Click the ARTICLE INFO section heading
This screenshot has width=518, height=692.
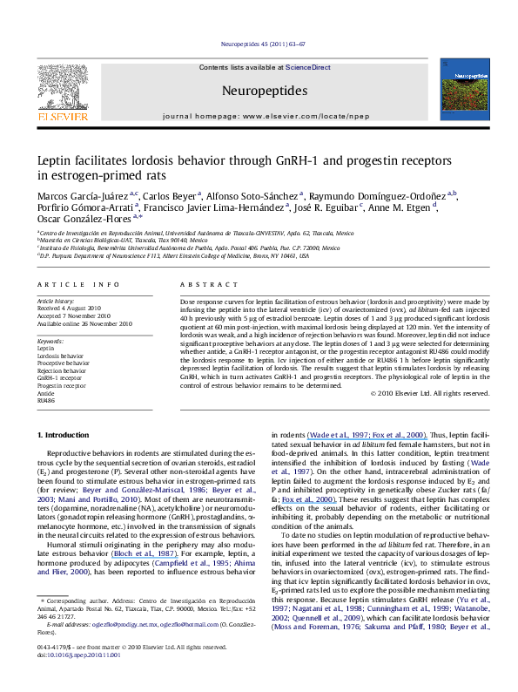(x=71, y=285)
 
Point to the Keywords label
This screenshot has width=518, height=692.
(x=50, y=340)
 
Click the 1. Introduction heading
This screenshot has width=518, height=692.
(x=66, y=433)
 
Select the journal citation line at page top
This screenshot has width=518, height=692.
(x=259, y=42)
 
